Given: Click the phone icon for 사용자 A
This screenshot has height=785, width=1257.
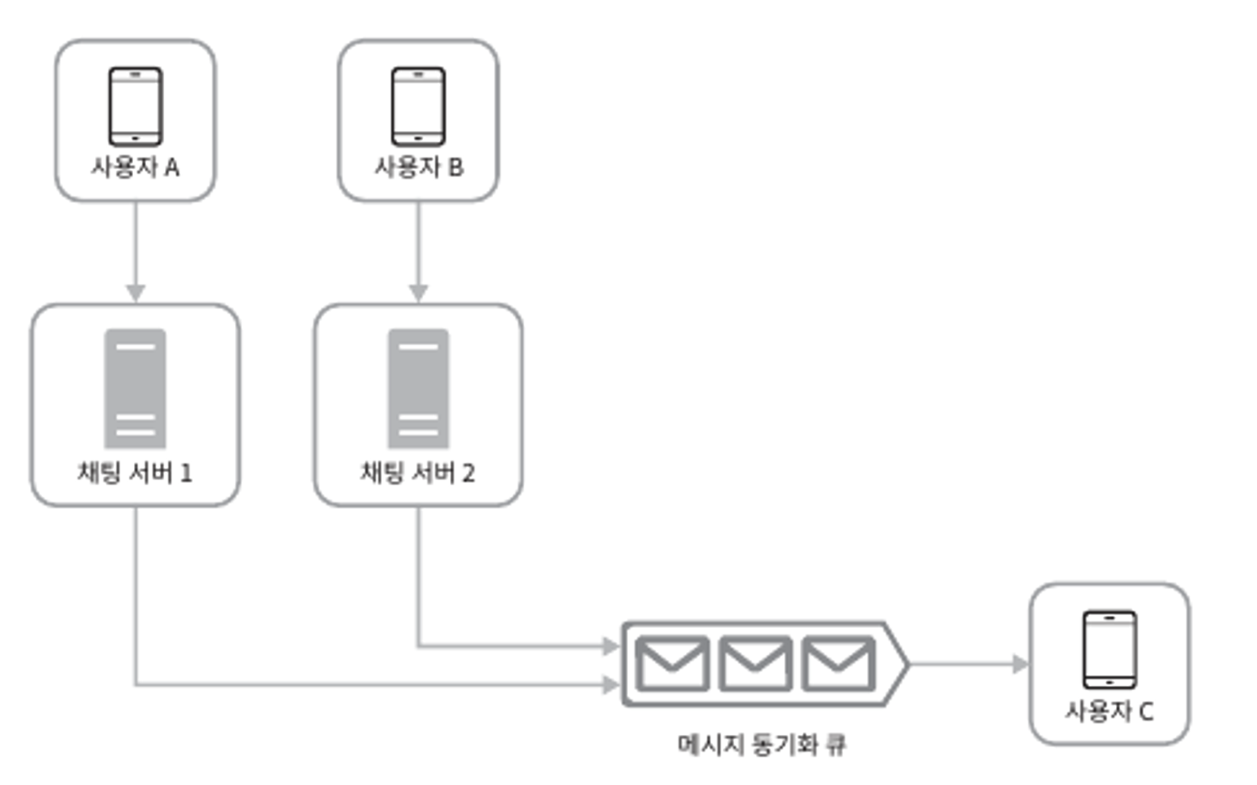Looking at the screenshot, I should (136, 106).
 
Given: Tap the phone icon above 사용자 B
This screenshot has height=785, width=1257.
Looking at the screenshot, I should (418, 106).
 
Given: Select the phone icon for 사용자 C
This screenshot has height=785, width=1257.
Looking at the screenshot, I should (1110, 650).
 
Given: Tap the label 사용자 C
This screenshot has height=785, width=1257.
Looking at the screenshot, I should (1110, 711).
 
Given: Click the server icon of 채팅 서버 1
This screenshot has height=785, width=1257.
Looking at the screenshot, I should (136, 388).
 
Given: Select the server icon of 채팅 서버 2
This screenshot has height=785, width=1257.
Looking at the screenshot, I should (418, 388).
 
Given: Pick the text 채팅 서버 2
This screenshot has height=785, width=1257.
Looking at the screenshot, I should (418, 473).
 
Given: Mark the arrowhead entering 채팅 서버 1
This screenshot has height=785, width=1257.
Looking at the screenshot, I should (136, 293).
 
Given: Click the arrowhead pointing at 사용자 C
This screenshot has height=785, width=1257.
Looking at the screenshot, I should (1020, 664).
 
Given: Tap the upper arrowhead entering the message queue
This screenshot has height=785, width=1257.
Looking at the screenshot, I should (611, 646).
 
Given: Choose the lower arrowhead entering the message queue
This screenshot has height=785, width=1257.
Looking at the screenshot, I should (611, 685).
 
